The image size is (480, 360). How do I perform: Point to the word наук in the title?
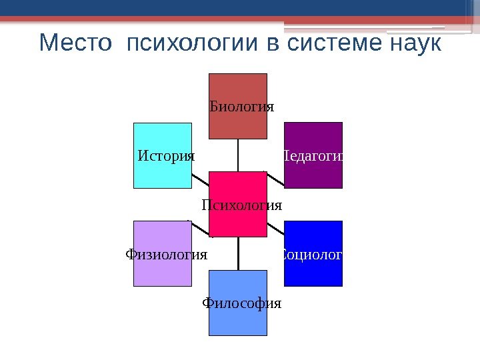click(x=414, y=45)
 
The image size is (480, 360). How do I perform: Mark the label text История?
click(x=166, y=156)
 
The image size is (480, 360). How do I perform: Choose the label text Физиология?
click(x=166, y=255)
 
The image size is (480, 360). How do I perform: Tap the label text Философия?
click(x=241, y=304)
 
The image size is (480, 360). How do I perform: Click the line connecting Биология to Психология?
click(x=238, y=155)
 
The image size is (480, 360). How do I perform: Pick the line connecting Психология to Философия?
click(x=238, y=253)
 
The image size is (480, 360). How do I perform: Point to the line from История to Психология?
click(x=200, y=179)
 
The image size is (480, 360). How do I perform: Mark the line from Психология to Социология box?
click(x=275, y=228)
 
